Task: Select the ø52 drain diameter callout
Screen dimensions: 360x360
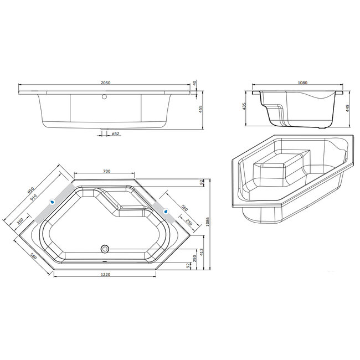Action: (115, 133)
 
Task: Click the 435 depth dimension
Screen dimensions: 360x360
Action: (244, 106)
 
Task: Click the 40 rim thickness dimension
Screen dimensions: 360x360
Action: (195, 83)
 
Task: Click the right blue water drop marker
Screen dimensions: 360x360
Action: (165, 209)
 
